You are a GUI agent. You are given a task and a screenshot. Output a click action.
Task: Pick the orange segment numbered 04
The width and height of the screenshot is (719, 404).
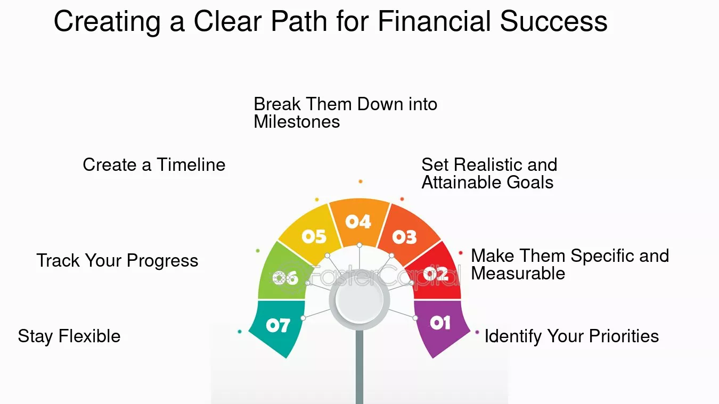[x=359, y=222]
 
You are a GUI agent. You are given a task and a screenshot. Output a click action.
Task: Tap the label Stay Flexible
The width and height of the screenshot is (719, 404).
[x=69, y=336]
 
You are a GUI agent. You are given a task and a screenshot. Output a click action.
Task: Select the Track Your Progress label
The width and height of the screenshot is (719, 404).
[x=118, y=261]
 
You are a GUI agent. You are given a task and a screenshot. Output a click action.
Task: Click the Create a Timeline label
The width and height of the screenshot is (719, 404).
[x=154, y=165]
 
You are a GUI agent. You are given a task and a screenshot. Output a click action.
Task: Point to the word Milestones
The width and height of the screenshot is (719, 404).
[x=297, y=122]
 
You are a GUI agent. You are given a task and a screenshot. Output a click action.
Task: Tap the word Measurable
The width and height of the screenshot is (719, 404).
[x=518, y=274]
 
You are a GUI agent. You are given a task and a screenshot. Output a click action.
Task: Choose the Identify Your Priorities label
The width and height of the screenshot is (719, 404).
[x=571, y=336]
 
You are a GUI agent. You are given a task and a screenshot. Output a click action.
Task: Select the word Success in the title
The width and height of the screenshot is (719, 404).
[x=553, y=21]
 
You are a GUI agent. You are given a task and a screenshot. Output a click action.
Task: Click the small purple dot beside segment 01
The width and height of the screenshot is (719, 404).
[x=477, y=332]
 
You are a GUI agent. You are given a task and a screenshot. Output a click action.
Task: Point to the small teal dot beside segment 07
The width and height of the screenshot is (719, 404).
[x=240, y=332]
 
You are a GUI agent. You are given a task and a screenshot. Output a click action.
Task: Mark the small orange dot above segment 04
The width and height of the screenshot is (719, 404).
[x=361, y=182]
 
